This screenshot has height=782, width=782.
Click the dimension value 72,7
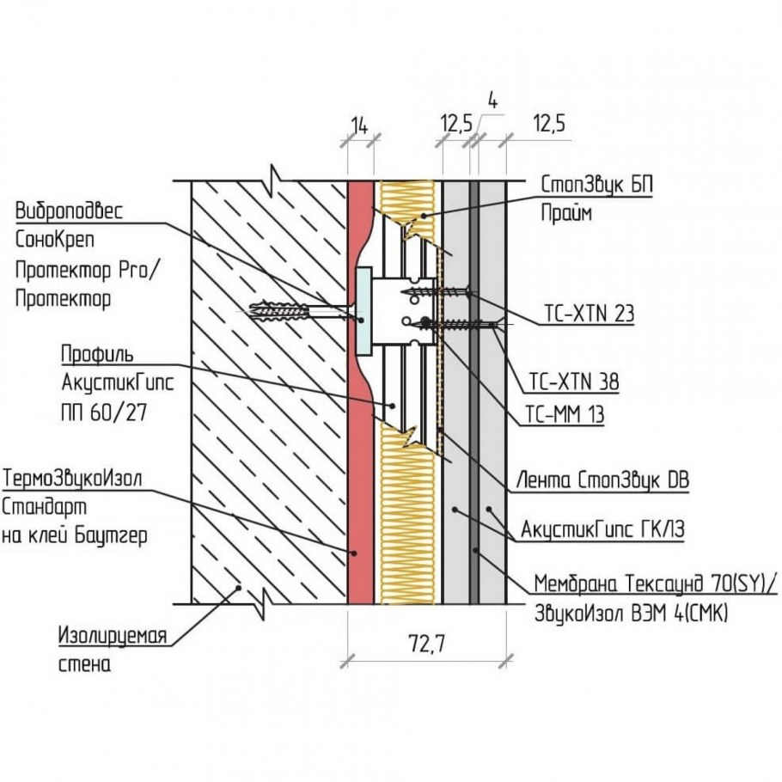(x=426, y=645)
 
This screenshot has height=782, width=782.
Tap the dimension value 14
(x=359, y=126)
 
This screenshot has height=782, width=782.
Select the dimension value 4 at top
(x=492, y=101)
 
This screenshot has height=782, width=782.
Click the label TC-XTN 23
(x=589, y=314)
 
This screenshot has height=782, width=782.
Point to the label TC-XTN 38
(x=573, y=382)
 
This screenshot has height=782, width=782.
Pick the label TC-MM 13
(x=565, y=414)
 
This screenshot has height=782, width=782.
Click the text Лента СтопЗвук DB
(x=602, y=480)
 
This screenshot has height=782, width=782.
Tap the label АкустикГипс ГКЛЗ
(x=602, y=528)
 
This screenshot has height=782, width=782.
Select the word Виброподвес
(x=69, y=211)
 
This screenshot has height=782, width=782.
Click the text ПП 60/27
(x=104, y=412)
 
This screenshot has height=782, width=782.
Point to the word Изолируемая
(x=113, y=636)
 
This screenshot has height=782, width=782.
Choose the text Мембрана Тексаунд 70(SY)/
(x=656, y=583)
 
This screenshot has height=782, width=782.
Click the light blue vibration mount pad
(x=364, y=311)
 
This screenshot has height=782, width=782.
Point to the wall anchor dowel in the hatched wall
(x=278, y=312)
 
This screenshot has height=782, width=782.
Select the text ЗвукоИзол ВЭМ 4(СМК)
(x=631, y=614)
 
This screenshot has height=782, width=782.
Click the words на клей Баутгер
(x=75, y=536)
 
